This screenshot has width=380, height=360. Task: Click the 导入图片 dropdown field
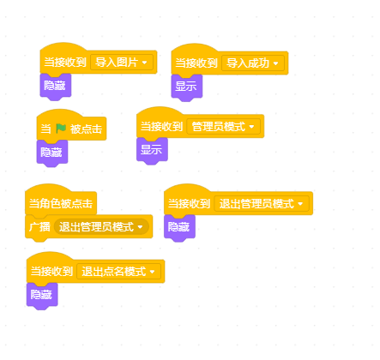pyautogui.click(x=122, y=63)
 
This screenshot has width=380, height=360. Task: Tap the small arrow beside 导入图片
pyautogui.click(x=144, y=63)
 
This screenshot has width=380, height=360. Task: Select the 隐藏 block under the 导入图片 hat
pyautogui.click(x=56, y=86)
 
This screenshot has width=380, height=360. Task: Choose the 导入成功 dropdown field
pyautogui.click(x=253, y=63)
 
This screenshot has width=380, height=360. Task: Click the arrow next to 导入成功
pyautogui.click(x=275, y=63)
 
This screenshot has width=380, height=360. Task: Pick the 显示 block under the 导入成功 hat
pyautogui.click(x=187, y=87)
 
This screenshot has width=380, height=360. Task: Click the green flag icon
pyautogui.click(x=61, y=129)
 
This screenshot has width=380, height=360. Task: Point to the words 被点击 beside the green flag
pyautogui.click(x=86, y=129)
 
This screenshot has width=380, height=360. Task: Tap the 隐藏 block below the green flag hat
pyautogui.click(x=52, y=153)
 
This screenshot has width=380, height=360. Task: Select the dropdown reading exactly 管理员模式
pyautogui.click(x=224, y=127)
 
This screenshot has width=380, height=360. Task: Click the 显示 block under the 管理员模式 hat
pyautogui.click(x=152, y=150)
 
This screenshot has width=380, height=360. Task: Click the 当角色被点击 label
pyautogui.click(x=61, y=204)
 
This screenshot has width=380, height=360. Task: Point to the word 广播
pyautogui.click(x=39, y=227)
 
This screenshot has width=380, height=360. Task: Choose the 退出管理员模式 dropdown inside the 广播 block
pyautogui.click(x=101, y=227)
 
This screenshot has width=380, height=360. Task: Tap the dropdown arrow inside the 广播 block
pyautogui.click(x=140, y=227)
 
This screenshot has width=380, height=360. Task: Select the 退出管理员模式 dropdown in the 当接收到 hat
pyautogui.click(x=262, y=204)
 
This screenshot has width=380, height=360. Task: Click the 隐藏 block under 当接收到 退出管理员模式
pyautogui.click(x=179, y=227)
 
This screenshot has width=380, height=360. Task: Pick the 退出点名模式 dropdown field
pyautogui.click(x=119, y=272)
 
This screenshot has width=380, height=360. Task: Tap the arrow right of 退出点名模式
pyautogui.click(x=152, y=272)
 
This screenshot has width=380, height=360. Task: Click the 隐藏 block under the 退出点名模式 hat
pyautogui.click(x=42, y=295)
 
